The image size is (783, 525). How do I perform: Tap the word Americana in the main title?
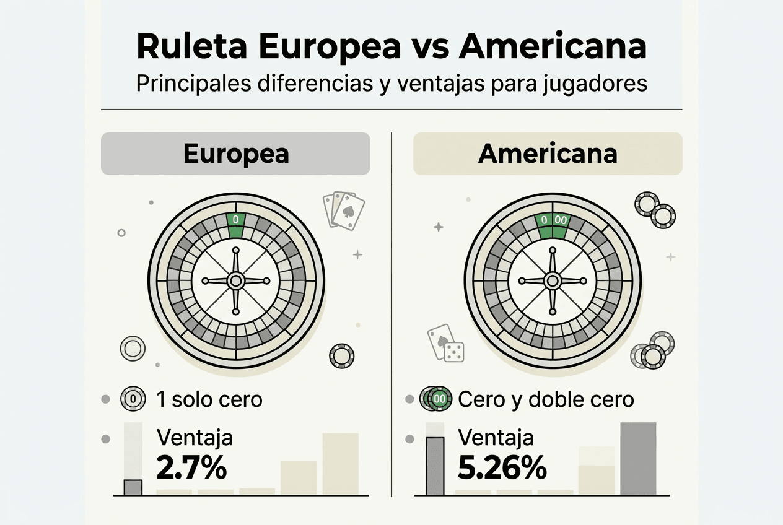pyautogui.click(x=553, y=48)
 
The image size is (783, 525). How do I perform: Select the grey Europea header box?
pyautogui.click(x=235, y=154)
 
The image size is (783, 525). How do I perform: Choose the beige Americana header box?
pyautogui.click(x=548, y=154)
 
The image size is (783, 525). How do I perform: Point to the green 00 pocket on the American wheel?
pyautogui.click(x=561, y=222)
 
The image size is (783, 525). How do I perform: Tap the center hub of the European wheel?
pyautogui.click(x=235, y=280)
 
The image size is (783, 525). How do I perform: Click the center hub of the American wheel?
pyautogui.click(x=552, y=280)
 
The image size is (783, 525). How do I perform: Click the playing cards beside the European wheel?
pyautogui.click(x=343, y=210)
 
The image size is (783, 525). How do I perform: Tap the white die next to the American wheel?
pyautogui.click(x=454, y=351)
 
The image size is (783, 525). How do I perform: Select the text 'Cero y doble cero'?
pyautogui.click(x=546, y=399)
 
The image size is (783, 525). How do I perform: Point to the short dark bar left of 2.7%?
pyautogui.click(x=133, y=487)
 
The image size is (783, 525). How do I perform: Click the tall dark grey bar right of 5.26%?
pyautogui.click(x=637, y=458)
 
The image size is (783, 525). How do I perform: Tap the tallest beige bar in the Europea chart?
pyautogui.click(x=340, y=464)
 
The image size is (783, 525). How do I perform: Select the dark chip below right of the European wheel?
pyautogui.click(x=342, y=355)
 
